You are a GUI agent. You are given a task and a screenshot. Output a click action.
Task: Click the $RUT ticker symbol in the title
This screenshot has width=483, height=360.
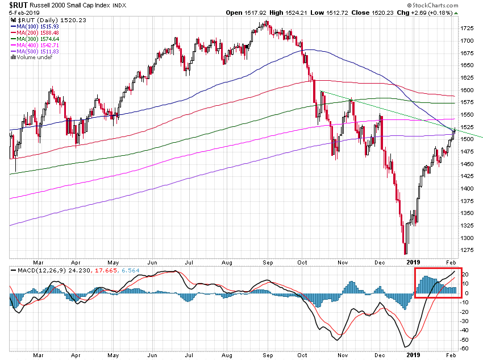click(x=18, y=5)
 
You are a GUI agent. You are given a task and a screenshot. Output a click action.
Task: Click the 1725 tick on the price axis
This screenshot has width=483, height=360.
click(x=467, y=28)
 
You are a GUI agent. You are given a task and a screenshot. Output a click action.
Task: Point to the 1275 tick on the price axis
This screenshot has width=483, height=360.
click(x=467, y=250)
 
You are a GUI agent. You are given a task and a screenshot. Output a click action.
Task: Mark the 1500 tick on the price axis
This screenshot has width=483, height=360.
click(x=467, y=139)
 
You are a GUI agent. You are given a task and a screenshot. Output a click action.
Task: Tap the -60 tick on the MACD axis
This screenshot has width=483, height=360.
click(x=465, y=348)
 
